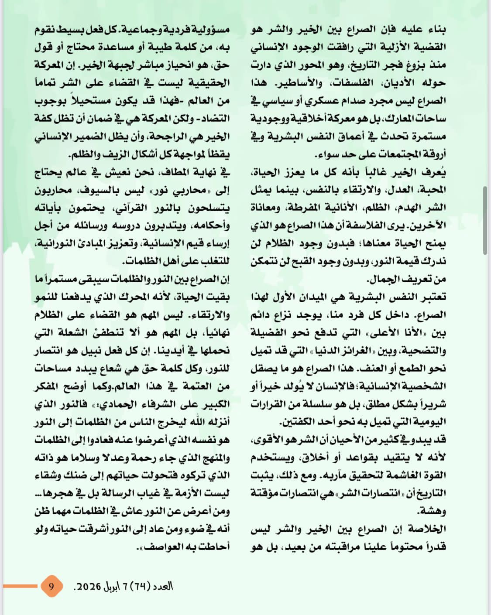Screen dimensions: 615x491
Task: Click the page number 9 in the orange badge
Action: [51, 586]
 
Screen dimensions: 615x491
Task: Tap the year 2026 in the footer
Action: [90, 586]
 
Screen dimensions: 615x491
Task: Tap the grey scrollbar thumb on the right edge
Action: [485, 220]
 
